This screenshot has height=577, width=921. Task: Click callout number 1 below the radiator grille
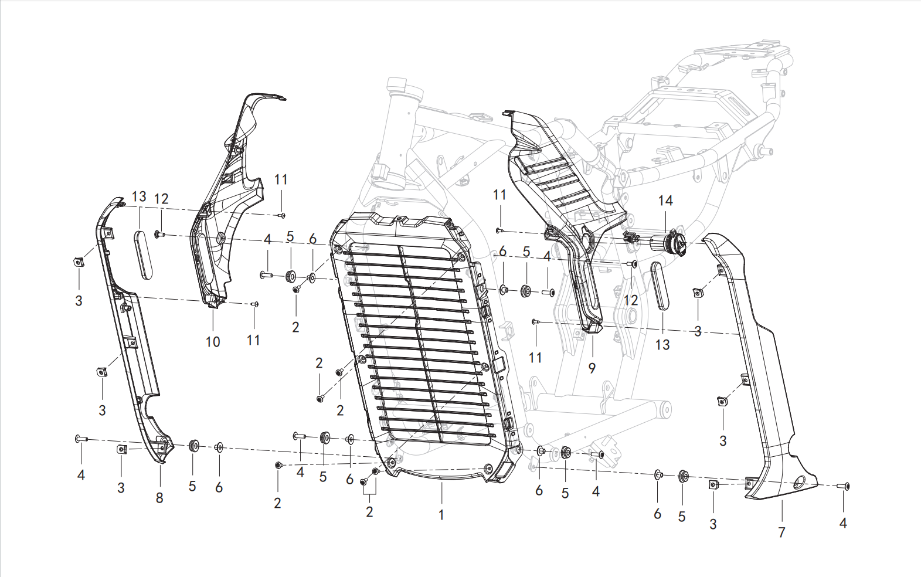(441, 514)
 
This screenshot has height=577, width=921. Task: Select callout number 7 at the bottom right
(781, 532)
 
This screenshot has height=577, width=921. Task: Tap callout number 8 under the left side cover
(159, 498)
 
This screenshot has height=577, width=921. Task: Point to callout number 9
(592, 368)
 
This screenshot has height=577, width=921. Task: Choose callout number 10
(213, 342)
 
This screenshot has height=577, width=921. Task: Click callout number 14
(665, 201)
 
